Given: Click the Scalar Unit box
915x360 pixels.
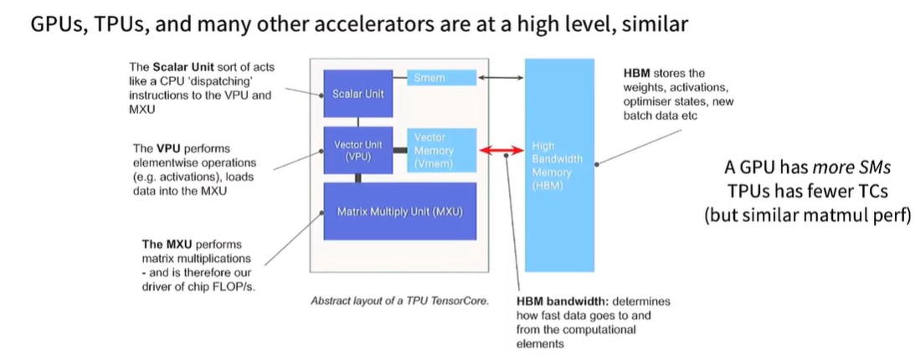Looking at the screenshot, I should tap(357, 94).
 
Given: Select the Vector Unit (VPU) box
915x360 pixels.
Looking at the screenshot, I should tap(357, 151).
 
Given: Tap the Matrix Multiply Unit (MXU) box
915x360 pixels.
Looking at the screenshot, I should tap(399, 212).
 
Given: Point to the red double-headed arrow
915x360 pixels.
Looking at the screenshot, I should tap(501, 151).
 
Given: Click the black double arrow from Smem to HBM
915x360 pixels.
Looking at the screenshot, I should tap(501, 78).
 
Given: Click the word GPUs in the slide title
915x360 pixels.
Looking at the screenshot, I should tap(56, 24).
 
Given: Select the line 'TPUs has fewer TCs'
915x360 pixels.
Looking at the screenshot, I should tap(806, 191).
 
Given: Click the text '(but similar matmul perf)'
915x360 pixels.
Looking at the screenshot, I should tap(806, 214).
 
